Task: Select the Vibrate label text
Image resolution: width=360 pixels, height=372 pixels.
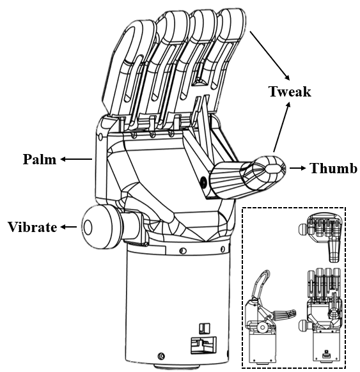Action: (33, 227)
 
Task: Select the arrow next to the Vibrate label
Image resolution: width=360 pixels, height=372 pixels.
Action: (68, 227)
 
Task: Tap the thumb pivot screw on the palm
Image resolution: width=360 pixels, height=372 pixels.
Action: (204, 183)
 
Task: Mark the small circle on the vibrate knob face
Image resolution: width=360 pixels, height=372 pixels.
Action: (87, 226)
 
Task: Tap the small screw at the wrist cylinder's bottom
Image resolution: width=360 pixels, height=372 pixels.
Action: (161, 355)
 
